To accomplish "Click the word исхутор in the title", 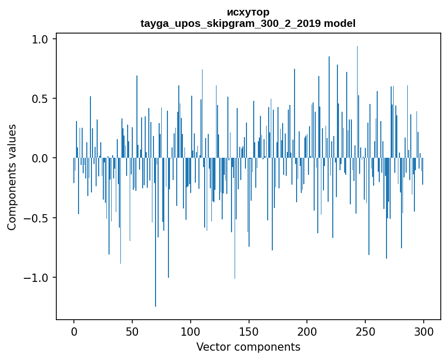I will click(x=248, y=12).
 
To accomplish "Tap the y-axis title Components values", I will click(x=12, y=177).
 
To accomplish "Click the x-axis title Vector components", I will click(x=248, y=347).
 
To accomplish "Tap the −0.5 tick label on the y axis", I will click(x=37, y=218).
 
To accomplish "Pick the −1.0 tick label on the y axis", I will click(x=37, y=278).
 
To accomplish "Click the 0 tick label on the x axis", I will click(x=74, y=331).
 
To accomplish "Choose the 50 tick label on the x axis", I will click(x=132, y=331).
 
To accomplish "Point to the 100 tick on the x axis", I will click(x=191, y=331).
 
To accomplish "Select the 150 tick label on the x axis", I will click(x=249, y=331).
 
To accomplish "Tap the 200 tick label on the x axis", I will click(x=307, y=331).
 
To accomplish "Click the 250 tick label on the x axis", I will click(x=365, y=331).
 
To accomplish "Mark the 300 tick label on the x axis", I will click(x=424, y=331).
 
